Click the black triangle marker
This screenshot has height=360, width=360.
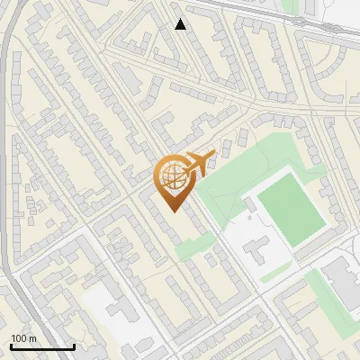pos(181,24)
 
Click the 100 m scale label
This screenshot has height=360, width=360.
pos(23,338)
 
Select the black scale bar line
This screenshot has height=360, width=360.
pos(42,346)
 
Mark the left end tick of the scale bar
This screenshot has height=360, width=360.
pos(11,345)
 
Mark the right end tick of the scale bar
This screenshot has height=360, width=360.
pos(74,345)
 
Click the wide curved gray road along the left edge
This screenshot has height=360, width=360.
pos(7,135)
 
